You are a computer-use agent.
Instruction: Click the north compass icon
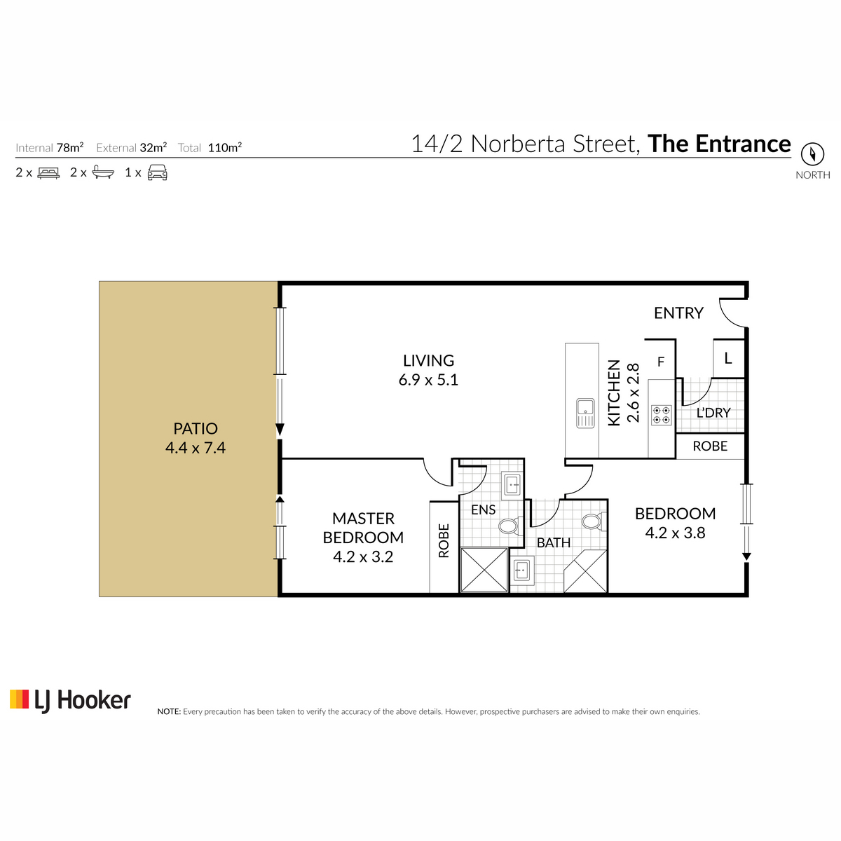tap(812, 154)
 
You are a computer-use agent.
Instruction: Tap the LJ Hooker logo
tap(70, 701)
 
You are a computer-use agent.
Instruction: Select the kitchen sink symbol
tap(584, 413)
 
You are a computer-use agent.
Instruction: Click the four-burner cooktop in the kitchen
tap(661, 415)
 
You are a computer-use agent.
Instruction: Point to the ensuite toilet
tap(510, 526)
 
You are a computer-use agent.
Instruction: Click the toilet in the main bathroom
tap(594, 521)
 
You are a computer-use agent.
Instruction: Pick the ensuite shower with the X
tap(484, 570)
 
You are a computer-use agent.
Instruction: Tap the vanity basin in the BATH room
tap(521, 570)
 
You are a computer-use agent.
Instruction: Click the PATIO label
tap(195, 429)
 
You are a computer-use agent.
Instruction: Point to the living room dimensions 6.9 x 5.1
tap(428, 380)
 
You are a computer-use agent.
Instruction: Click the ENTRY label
tap(678, 313)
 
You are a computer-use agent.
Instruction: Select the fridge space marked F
tap(661, 362)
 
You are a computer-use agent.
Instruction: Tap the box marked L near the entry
tap(728, 359)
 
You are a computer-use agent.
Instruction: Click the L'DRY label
tap(713, 412)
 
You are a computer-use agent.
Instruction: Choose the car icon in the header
tap(157, 172)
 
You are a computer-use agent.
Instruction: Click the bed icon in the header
tap(48, 173)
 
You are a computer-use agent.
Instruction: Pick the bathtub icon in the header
tap(104, 173)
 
